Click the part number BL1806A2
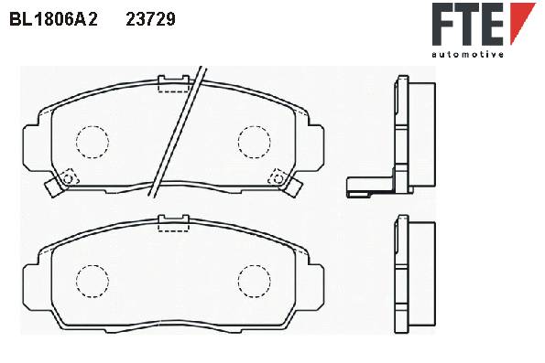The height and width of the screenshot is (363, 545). (53, 19)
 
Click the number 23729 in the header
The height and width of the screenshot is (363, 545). (150, 19)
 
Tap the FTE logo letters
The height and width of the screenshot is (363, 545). (467, 24)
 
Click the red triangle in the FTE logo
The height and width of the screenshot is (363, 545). (521, 23)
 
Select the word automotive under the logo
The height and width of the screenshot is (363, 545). (467, 54)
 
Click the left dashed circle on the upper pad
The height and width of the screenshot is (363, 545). (93, 142)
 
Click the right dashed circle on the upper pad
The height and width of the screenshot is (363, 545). (254, 142)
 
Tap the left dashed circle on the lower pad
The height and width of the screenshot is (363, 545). (93, 281)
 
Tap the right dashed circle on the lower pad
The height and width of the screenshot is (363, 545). (254, 281)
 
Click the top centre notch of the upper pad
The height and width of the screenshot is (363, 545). (173, 84)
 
